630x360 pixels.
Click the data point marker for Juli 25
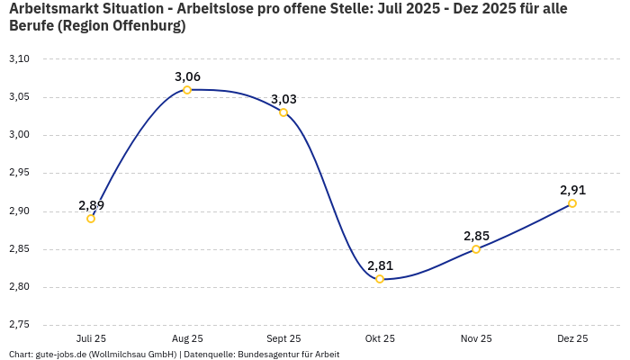(x=91, y=219)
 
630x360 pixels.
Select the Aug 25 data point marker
(x=187, y=90)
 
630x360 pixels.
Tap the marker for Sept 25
(x=283, y=112)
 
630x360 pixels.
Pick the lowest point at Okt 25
(x=380, y=279)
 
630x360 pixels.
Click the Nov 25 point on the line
(x=476, y=249)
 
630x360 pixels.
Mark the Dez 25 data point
(x=572, y=203)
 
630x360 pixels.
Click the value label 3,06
(x=187, y=76)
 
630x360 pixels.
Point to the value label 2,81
(x=380, y=265)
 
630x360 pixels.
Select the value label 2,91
(x=572, y=190)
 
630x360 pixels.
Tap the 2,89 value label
(x=91, y=205)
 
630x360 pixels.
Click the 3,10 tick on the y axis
(x=19, y=59)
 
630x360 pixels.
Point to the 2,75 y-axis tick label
(x=19, y=325)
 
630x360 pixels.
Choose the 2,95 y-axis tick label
(x=19, y=173)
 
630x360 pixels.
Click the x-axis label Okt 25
(x=380, y=338)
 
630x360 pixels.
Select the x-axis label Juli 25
(x=91, y=338)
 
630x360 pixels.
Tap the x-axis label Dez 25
(x=572, y=338)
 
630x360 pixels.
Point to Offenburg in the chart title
(x=145, y=26)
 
